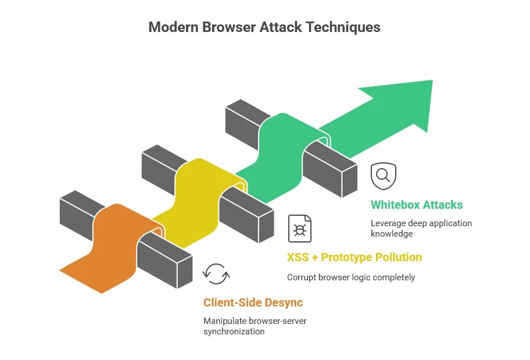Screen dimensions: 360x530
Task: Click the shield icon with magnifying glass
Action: (384, 176)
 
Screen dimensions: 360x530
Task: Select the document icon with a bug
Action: (300, 229)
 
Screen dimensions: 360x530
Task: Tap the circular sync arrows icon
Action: (217, 274)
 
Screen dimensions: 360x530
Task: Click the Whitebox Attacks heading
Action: (417, 205)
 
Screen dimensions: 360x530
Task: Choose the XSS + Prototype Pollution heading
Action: (354, 257)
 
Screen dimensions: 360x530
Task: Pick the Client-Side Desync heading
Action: (253, 302)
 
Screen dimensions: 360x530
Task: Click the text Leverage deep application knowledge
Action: (421, 229)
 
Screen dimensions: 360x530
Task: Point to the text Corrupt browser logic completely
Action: (351, 277)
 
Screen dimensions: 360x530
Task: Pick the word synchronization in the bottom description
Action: (234, 332)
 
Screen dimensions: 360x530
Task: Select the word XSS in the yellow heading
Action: (298, 257)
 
